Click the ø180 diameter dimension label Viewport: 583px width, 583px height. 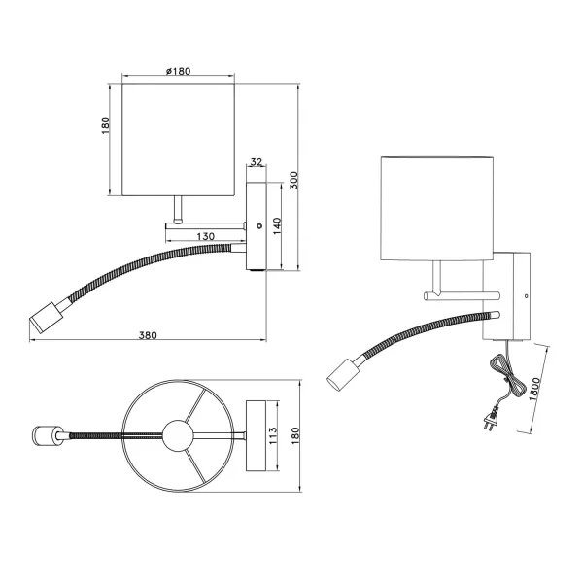(x=178, y=72)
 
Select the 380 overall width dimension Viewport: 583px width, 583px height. (x=148, y=335)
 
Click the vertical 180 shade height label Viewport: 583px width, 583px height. (x=107, y=127)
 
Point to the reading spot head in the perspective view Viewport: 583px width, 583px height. (x=343, y=373)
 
